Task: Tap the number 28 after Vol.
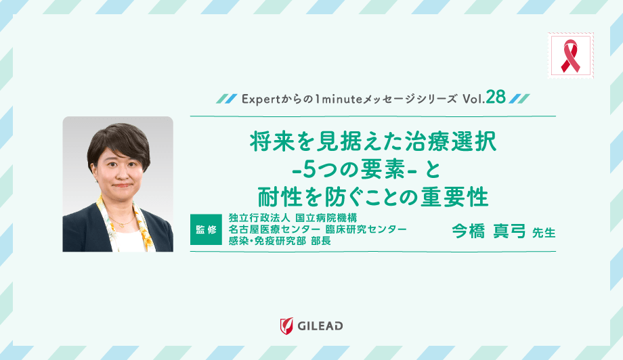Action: pos(495,98)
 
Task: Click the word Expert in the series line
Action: pos(255,99)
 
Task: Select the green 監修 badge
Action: pos(206,230)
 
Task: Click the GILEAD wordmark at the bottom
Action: pos(320,326)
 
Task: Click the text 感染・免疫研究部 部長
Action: pos(280,242)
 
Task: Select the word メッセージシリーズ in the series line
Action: pos(414,99)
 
